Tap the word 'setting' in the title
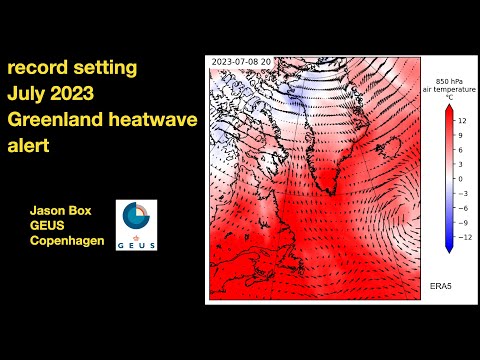coord(106,69)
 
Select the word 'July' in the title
coord(28,95)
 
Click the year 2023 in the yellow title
coord(78,95)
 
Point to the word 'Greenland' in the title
coord(55,121)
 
